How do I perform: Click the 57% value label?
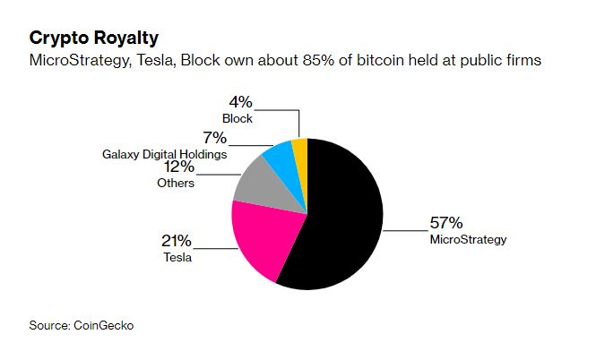446,222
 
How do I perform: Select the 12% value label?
178,167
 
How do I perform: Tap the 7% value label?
214,138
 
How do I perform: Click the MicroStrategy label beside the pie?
469,239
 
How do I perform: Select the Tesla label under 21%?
177,257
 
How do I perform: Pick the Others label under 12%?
177,183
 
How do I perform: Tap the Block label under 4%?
238,118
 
